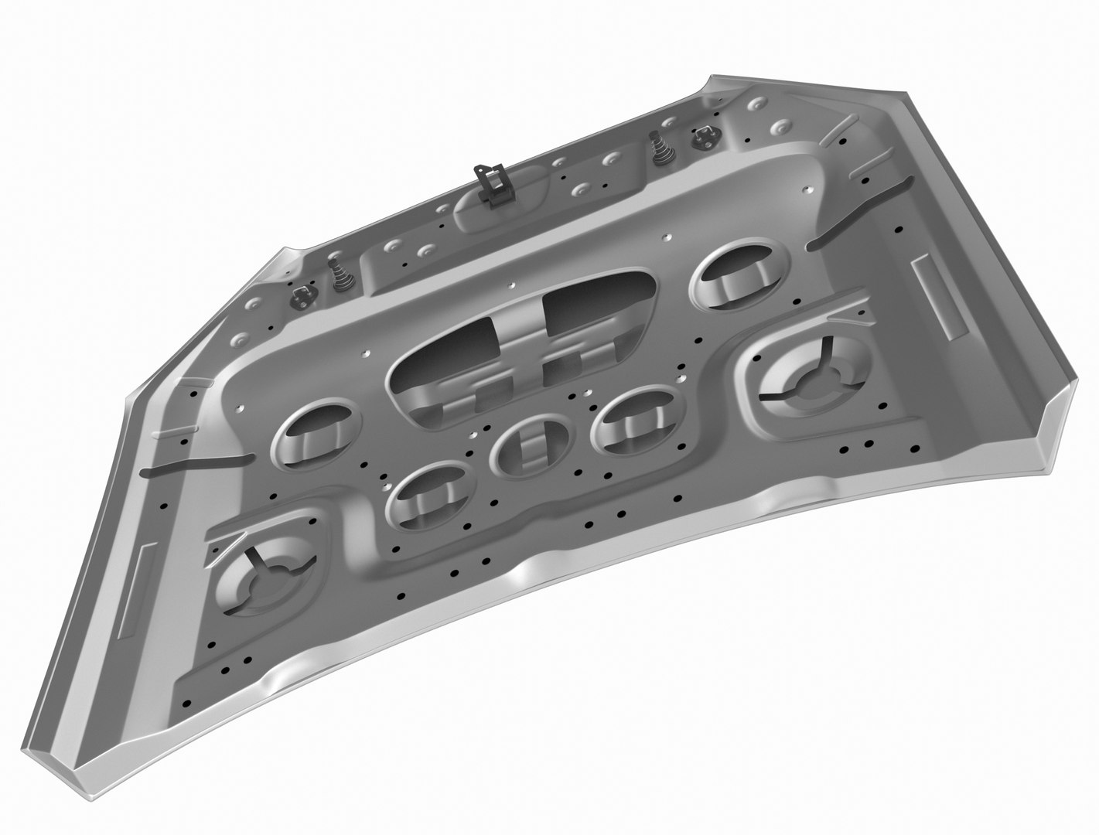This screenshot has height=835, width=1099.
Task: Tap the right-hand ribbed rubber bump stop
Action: point(662,147)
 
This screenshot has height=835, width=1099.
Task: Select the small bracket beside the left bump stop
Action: point(300,295)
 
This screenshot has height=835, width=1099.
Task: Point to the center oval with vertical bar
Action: point(532,447)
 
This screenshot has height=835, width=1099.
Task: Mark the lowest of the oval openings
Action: point(428,495)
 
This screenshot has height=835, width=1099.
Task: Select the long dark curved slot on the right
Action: point(858,213)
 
